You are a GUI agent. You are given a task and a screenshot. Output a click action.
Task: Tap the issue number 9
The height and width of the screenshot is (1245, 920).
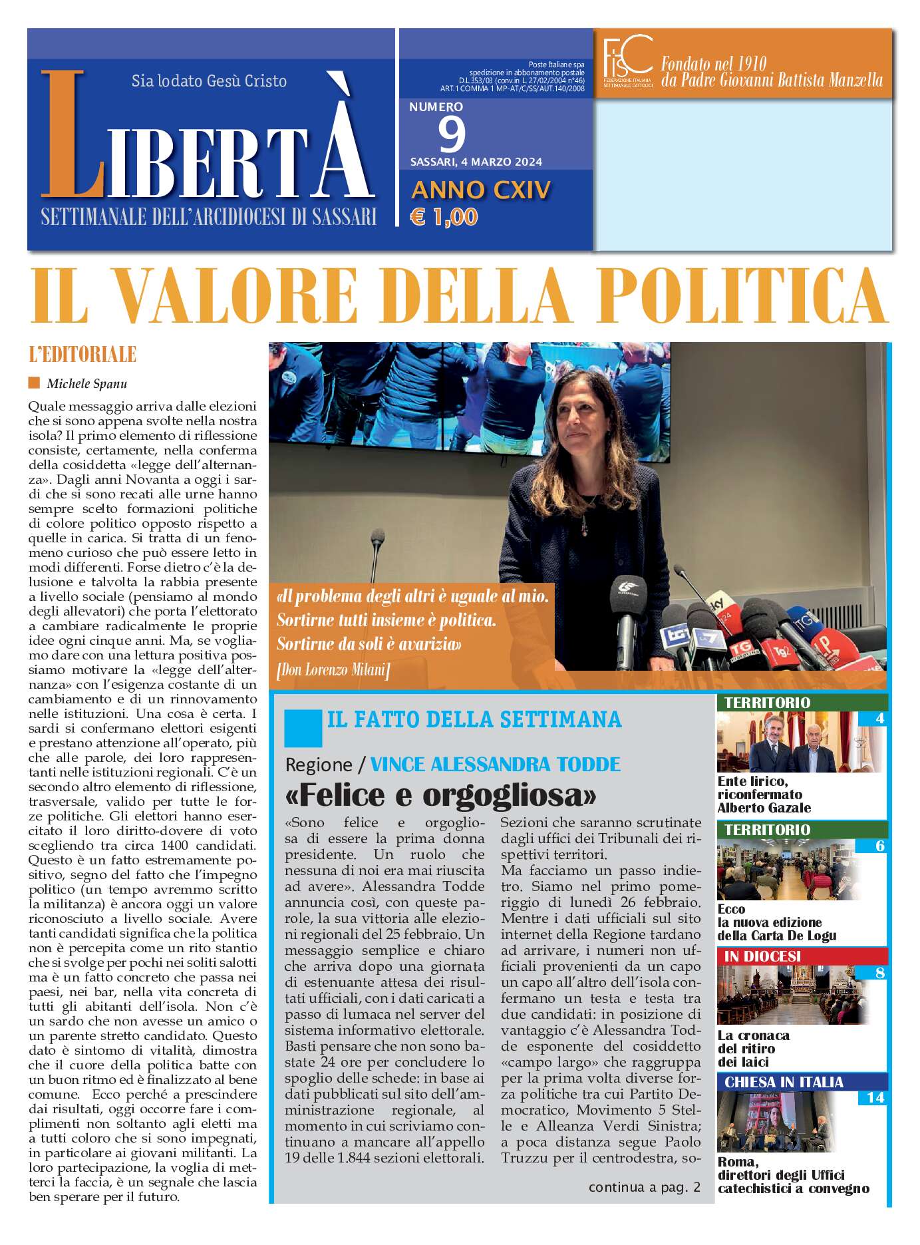pyautogui.click(x=452, y=134)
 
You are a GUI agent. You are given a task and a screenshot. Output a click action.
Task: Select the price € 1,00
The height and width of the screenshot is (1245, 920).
pyautogui.click(x=444, y=217)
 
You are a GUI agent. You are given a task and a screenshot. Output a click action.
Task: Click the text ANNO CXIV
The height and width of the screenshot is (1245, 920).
pyautogui.click(x=481, y=190)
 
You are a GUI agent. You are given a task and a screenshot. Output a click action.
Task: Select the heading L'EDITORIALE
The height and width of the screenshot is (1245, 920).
pyautogui.click(x=82, y=355)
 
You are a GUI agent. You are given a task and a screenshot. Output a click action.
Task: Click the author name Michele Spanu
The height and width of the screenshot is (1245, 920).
pyautogui.click(x=86, y=384)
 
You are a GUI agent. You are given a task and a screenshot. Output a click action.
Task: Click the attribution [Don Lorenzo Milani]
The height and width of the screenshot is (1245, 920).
pyautogui.click(x=333, y=669)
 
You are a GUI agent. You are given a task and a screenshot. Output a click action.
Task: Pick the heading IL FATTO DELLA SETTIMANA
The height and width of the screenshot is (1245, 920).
pyautogui.click(x=474, y=720)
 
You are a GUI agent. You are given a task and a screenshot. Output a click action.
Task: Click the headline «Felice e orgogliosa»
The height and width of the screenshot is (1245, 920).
pyautogui.click(x=440, y=795)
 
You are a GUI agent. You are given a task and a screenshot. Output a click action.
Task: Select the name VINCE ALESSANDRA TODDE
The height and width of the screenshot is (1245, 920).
pyautogui.click(x=495, y=764)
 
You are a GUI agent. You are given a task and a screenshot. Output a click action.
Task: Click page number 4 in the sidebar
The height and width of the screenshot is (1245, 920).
pyautogui.click(x=879, y=719)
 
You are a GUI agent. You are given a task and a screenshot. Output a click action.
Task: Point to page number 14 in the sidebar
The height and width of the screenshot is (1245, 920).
pyautogui.click(x=875, y=1098)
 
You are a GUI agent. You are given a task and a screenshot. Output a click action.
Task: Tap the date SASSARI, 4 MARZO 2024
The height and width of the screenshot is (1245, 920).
pyautogui.click(x=476, y=162)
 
